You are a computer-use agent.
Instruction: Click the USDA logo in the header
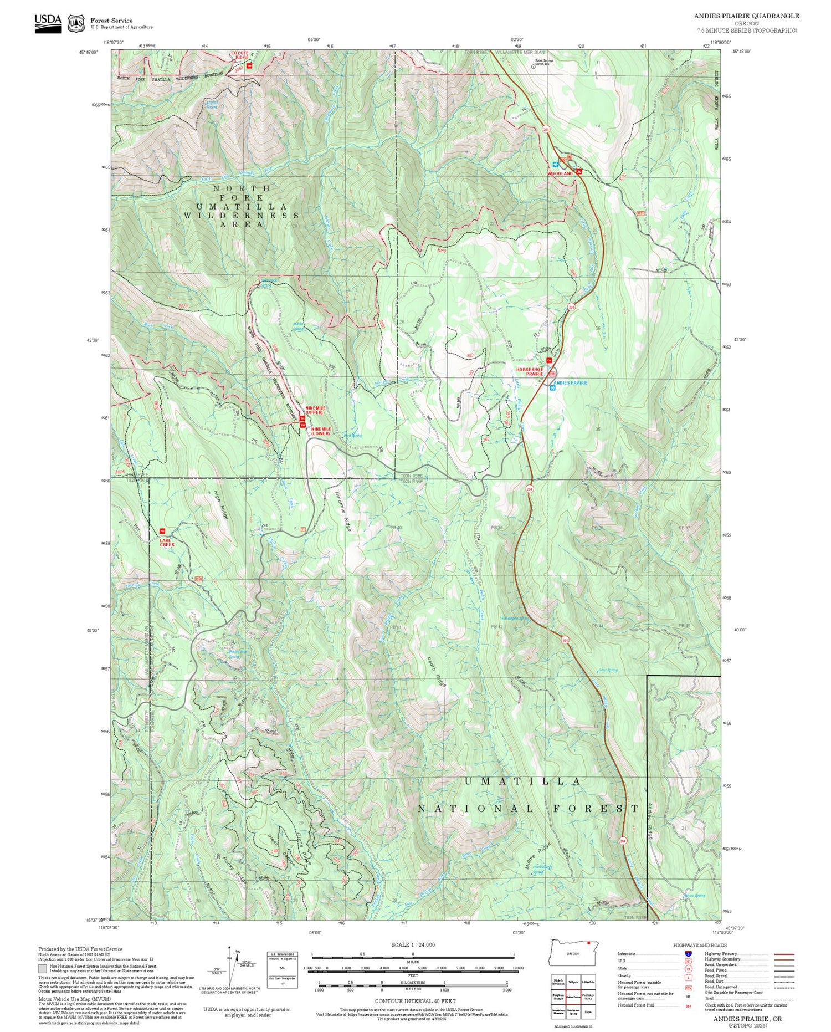pyautogui.click(x=48, y=23)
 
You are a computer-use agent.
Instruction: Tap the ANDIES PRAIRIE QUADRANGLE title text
pyautogui.click(x=746, y=16)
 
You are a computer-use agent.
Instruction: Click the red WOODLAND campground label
pyautogui.click(x=560, y=173)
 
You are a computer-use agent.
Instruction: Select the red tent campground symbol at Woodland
pyautogui.click(x=578, y=172)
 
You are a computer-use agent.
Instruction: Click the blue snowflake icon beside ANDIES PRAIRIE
pyautogui.click(x=552, y=388)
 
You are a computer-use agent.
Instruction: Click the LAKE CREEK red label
pyautogui.click(x=167, y=543)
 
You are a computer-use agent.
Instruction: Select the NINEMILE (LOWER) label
pyautogui.click(x=320, y=431)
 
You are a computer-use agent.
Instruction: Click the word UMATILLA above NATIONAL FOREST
pyautogui.click(x=522, y=781)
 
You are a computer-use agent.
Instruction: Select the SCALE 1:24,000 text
pyautogui.click(x=413, y=944)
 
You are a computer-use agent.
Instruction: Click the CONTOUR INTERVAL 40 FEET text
pyautogui.click(x=415, y=1001)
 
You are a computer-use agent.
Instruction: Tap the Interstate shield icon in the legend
pyautogui.click(x=688, y=953)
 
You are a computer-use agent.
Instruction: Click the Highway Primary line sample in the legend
pyautogui.click(x=782, y=954)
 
